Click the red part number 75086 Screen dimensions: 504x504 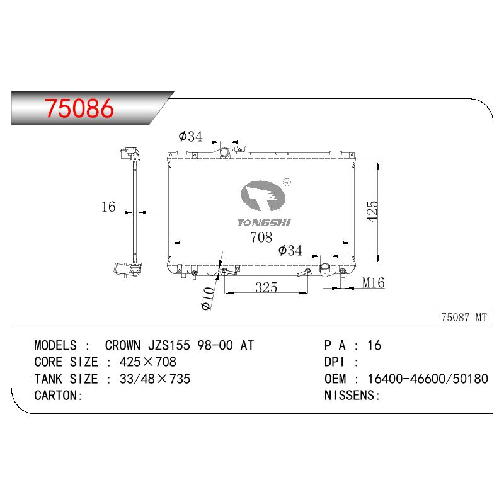[x=79, y=108]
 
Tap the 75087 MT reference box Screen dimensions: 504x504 [x=465, y=318]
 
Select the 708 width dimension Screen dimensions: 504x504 [x=261, y=238]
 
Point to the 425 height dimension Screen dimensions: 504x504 [x=373, y=211]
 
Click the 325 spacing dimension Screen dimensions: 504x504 [x=266, y=287]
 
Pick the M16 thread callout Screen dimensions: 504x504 [x=373, y=282]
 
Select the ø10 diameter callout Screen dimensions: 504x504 [x=208, y=299]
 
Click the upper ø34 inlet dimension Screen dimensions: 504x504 [x=191, y=136]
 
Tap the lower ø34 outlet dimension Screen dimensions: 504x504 [x=290, y=250]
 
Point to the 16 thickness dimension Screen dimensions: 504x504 [x=108, y=207]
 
